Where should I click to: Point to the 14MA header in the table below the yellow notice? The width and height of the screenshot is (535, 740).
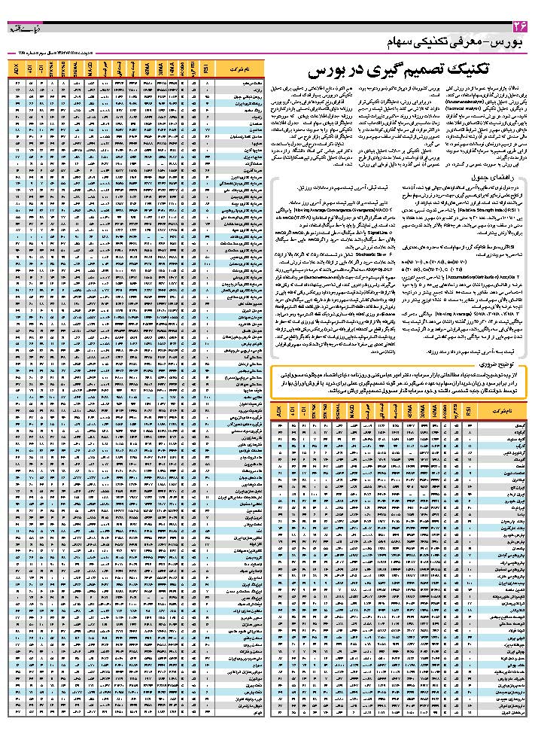pyautogui.click(x=436, y=412)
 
